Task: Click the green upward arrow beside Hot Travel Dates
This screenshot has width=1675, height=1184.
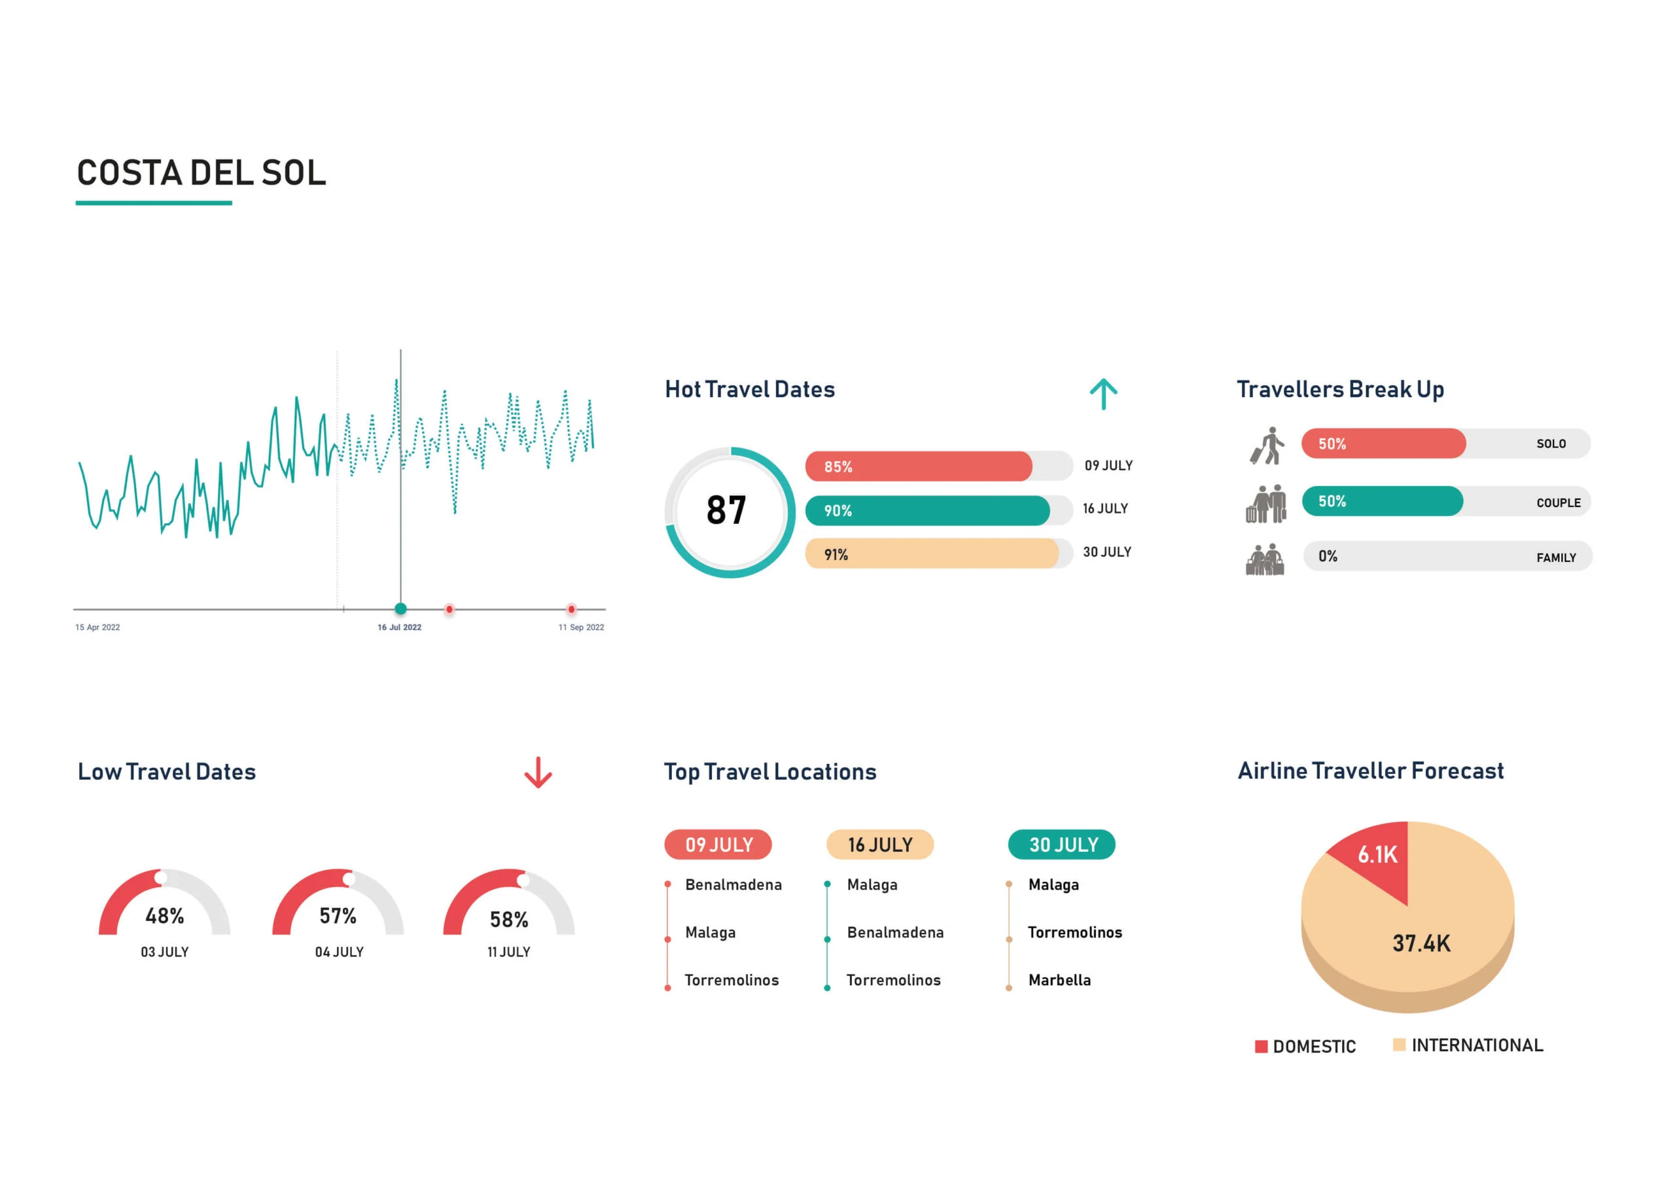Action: tap(1103, 394)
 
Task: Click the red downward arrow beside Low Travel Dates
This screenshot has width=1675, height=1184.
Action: tap(538, 773)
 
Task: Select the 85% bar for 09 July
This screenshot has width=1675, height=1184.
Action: tap(919, 466)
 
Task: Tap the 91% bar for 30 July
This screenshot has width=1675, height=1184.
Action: tap(932, 553)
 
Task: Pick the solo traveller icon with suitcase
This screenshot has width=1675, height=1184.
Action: tap(1267, 445)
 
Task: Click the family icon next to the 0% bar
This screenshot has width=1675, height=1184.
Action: tap(1265, 559)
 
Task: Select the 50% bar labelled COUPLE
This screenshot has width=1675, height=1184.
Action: tap(1382, 501)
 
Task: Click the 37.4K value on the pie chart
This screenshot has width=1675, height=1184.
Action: tap(1421, 943)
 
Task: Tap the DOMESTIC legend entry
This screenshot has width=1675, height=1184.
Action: tap(1305, 1046)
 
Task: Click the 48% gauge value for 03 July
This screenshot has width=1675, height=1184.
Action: tap(165, 916)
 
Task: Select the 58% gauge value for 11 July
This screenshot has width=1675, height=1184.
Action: tap(509, 919)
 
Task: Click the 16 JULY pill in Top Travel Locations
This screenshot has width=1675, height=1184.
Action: tap(880, 844)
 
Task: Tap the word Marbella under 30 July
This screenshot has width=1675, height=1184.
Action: tap(1059, 980)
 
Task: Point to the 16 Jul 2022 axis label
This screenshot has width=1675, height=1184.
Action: tap(399, 627)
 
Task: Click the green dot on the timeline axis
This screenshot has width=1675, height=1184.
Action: tap(400, 608)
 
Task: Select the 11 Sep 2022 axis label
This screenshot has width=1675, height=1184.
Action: tap(581, 627)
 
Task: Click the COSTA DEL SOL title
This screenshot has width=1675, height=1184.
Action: tap(202, 173)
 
